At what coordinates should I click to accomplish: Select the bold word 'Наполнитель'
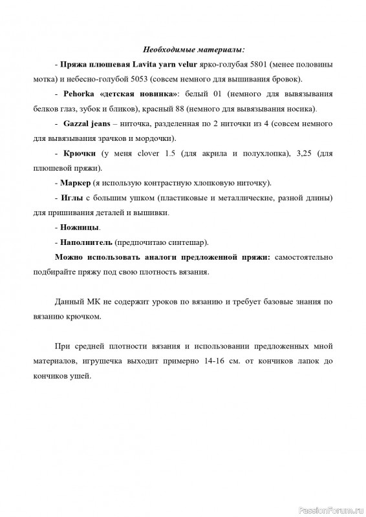(86, 242)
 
